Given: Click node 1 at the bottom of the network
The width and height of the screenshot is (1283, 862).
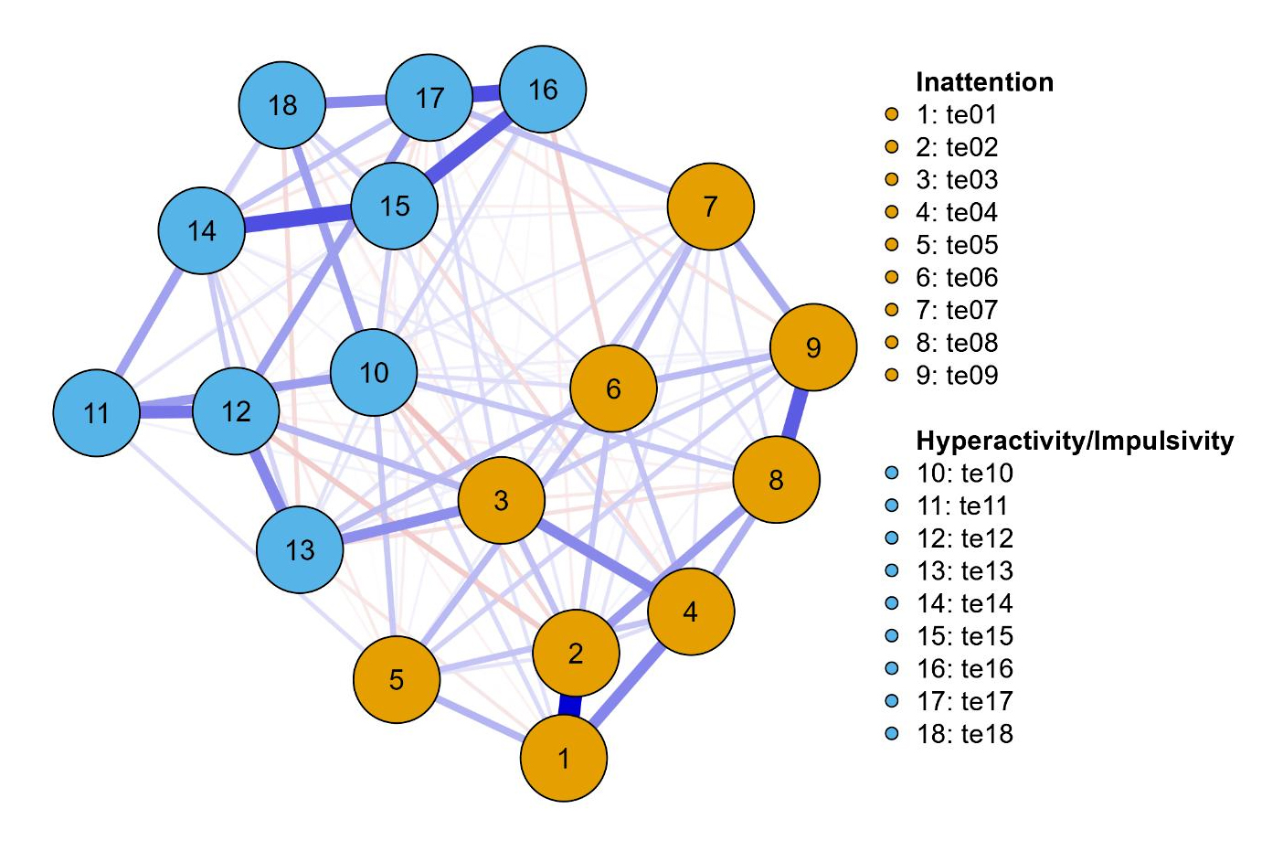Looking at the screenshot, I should (x=564, y=758).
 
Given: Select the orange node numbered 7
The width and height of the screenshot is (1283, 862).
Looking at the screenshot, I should (x=710, y=207).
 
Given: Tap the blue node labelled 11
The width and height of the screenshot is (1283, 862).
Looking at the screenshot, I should (x=96, y=413).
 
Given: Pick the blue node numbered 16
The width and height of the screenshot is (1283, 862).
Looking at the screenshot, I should (x=543, y=90).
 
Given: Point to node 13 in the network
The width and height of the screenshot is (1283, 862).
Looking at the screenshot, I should (x=300, y=549).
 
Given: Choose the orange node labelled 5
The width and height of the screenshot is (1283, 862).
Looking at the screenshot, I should (x=397, y=679).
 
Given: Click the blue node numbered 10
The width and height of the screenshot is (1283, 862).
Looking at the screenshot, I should (x=374, y=372).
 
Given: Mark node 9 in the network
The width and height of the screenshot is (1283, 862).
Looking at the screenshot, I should (x=813, y=347).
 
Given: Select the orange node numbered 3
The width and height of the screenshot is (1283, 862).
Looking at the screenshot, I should (x=501, y=500).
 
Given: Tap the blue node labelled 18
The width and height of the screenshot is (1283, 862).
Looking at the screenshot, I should (x=282, y=105).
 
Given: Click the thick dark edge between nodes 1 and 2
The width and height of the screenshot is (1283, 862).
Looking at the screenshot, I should (x=570, y=706).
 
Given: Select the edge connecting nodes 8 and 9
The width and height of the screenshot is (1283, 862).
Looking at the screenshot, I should (x=796, y=413).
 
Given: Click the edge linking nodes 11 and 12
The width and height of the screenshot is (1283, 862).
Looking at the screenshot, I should (x=166, y=412).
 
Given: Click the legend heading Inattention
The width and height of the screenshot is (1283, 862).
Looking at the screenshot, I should (x=984, y=82).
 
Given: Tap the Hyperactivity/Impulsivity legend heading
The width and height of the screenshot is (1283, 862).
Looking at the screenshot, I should (x=1075, y=441).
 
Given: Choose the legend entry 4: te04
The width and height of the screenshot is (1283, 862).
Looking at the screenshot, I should (x=957, y=212).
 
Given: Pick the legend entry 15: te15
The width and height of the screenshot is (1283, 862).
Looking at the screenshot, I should (x=965, y=636).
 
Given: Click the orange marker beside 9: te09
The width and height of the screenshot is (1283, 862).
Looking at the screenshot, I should (x=892, y=375).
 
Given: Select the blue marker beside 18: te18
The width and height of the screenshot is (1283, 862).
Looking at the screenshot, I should (x=892, y=733).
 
